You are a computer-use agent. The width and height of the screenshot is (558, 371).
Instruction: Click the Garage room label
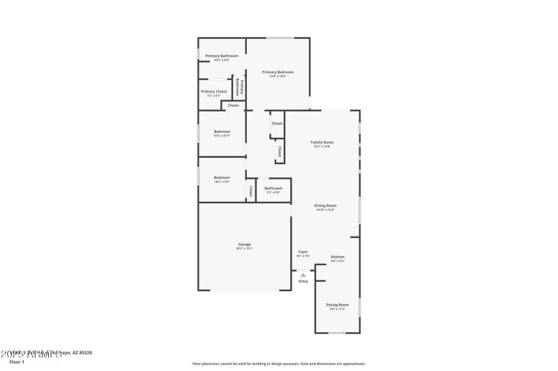pos(244,245)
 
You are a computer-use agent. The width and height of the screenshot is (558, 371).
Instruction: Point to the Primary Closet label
pos(213,92)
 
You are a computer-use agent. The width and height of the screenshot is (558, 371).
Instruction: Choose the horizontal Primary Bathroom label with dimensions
pos(221,56)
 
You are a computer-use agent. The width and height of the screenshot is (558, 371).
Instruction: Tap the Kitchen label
pos(338,258)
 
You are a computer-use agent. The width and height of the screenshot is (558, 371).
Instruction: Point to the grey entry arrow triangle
pos(303,275)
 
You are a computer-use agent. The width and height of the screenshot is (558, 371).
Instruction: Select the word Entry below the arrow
pos(303,281)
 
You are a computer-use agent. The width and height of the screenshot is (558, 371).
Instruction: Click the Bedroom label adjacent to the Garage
pos(222,178)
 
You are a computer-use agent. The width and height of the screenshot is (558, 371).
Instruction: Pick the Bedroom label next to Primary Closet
pos(222,132)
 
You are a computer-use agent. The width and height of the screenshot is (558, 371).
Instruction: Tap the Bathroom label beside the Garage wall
pos(273,189)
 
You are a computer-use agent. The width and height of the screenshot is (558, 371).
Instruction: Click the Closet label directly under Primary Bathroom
pos(233,106)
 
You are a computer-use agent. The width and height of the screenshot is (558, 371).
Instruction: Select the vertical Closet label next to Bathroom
pos(250,191)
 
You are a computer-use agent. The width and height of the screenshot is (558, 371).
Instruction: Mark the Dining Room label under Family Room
pos(326,206)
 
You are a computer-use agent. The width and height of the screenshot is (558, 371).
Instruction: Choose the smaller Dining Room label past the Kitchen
pos(338,306)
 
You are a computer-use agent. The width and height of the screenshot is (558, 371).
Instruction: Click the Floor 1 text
pos(17,362)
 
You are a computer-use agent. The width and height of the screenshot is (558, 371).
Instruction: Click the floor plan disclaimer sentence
pos(278,363)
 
